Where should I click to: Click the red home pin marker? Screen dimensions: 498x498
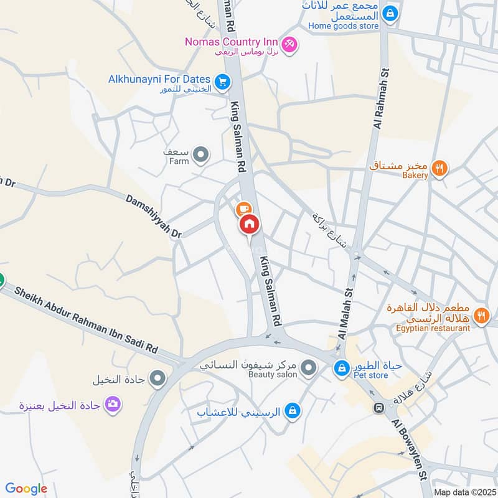click(249, 225)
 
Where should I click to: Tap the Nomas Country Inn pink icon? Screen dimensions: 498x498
click(289, 44)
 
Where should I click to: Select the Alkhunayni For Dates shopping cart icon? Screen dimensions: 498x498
click(222, 82)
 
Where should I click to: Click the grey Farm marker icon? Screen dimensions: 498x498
click(200, 155)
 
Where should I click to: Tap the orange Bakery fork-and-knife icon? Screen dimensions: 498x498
click(439, 167)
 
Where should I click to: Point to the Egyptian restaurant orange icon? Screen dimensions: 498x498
click(481, 316)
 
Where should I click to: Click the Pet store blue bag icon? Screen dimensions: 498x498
click(341, 369)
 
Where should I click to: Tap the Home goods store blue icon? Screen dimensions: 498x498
click(390, 12)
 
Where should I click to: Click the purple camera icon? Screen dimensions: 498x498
click(113, 405)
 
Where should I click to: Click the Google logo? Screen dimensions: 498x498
click(26, 489)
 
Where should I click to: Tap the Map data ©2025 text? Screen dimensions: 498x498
click(464, 492)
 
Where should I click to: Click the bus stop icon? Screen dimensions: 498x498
click(378, 408)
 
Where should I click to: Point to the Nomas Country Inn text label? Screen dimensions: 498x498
click(231, 42)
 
